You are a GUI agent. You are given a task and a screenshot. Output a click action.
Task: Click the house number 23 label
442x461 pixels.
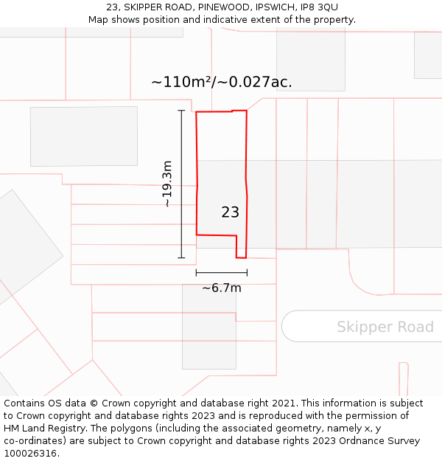pyautogui.click(x=230, y=212)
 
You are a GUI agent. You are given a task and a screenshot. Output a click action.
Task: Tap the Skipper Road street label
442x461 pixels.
pyautogui.click(x=385, y=327)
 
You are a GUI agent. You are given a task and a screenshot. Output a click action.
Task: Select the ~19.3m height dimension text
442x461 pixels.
pyautogui.click(x=167, y=184)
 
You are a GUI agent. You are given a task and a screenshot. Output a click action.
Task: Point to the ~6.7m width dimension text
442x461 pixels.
pyautogui.click(x=221, y=288)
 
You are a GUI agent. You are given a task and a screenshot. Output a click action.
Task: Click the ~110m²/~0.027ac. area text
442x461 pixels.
pyautogui.click(x=221, y=82)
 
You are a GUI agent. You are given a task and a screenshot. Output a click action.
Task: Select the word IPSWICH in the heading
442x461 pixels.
pyautogui.click(x=274, y=7)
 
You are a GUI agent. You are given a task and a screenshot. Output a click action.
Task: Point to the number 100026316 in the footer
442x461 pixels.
pyautogui.click(x=31, y=454)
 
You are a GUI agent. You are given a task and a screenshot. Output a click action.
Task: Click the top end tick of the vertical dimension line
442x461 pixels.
pyautogui.click(x=181, y=111)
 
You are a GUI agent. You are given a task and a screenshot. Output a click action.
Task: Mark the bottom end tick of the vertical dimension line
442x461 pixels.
pyautogui.click(x=181, y=257)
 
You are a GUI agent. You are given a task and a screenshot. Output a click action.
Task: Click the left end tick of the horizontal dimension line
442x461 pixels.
pyautogui.click(x=197, y=273)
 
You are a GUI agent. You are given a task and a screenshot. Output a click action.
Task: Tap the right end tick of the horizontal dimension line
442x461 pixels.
pyautogui.click(x=247, y=273)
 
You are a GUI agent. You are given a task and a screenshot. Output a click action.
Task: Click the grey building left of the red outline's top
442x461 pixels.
pyautogui.click(x=83, y=136)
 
